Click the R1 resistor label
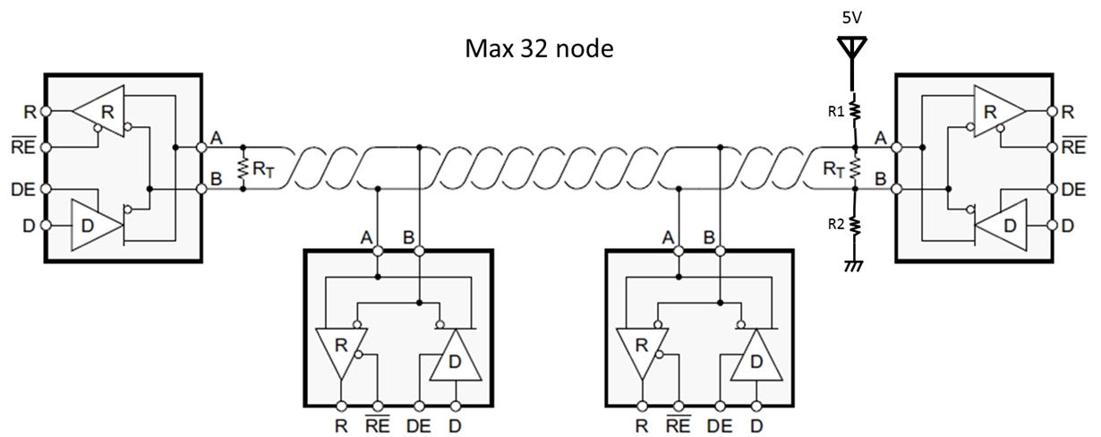(x=835, y=112)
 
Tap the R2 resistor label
(x=835, y=225)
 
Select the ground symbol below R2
(x=853, y=266)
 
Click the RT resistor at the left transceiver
(x=241, y=168)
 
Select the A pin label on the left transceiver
(x=217, y=138)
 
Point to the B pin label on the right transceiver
(x=881, y=181)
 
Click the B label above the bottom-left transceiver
(x=409, y=237)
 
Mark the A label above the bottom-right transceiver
(x=668, y=237)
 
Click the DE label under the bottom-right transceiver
(x=718, y=426)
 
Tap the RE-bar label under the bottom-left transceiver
(x=378, y=424)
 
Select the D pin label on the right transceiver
(x=1067, y=225)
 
